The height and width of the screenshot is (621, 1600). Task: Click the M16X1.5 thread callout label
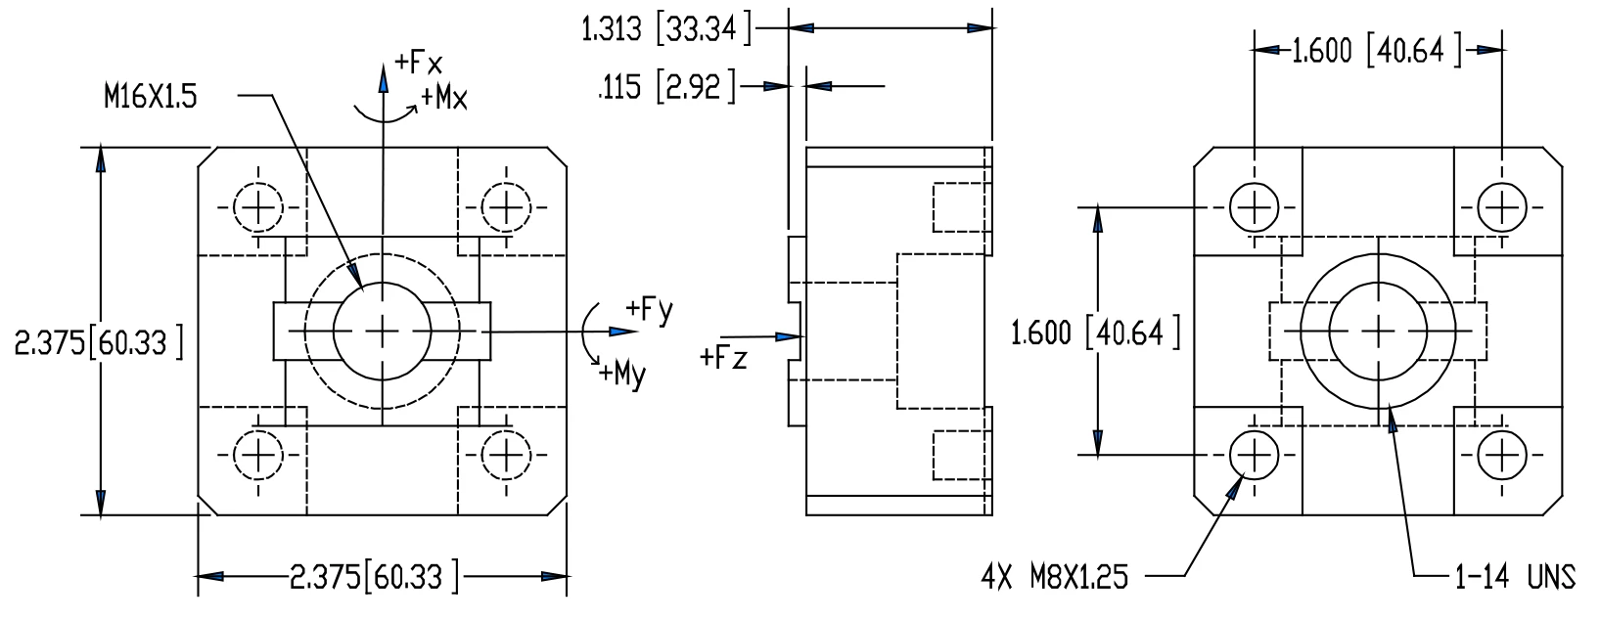click(151, 97)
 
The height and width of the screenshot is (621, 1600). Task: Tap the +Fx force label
click(418, 63)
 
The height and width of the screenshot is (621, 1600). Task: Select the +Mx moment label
click(443, 98)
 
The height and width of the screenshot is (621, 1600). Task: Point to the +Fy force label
click(649, 311)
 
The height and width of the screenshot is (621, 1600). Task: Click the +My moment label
click(622, 374)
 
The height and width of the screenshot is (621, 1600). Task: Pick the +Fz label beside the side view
click(723, 358)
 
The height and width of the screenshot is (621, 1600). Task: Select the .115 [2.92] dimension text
click(666, 87)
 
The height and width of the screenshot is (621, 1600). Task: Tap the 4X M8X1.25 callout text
click(1054, 577)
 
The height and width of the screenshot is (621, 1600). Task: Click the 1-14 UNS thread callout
click(1515, 577)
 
